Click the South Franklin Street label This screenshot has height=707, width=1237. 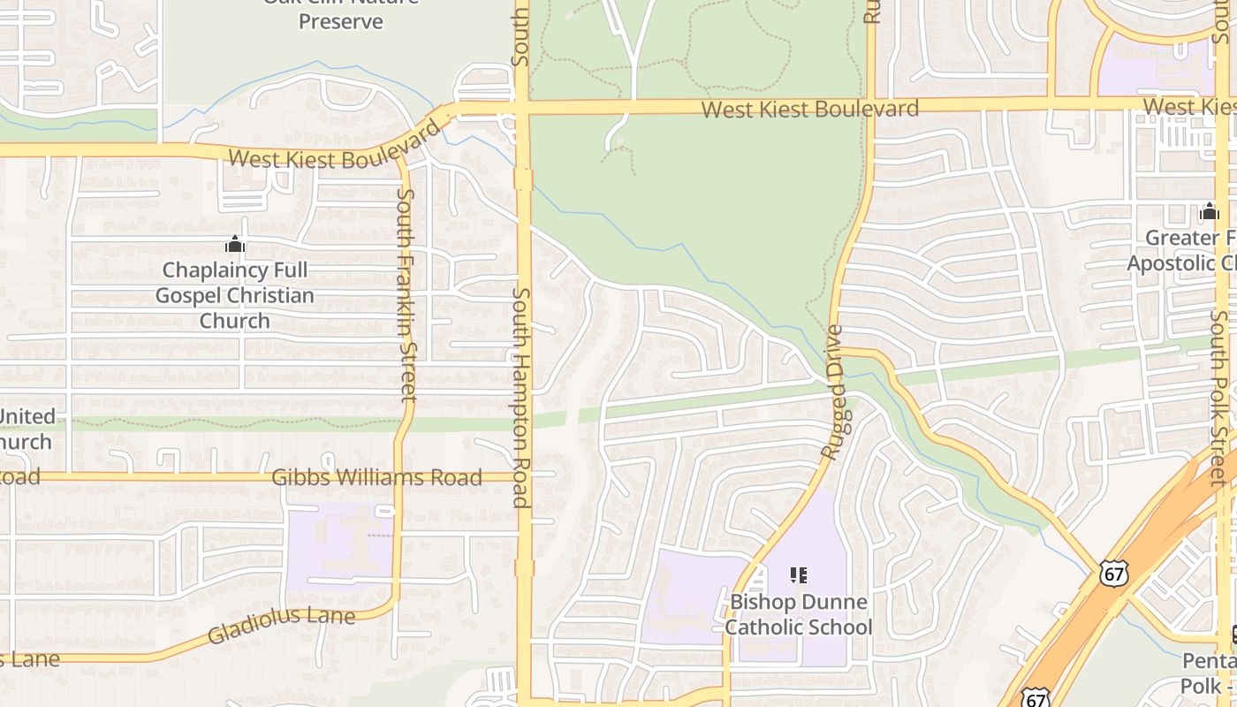pyautogui.click(x=406, y=294)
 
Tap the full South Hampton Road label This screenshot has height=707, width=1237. pyautogui.click(x=520, y=398)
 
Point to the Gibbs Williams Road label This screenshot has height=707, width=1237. pyautogui.click(x=376, y=477)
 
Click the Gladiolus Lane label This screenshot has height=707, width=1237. pyautogui.click(x=281, y=625)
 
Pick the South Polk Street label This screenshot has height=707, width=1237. pyautogui.click(x=1219, y=398)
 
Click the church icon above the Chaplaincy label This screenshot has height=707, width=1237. pyautogui.click(x=235, y=244)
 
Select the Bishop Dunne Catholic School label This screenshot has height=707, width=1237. pyautogui.click(x=799, y=614)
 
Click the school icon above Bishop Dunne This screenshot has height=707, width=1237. pyautogui.click(x=799, y=576)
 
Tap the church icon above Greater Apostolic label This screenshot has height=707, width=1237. pyautogui.click(x=1209, y=212)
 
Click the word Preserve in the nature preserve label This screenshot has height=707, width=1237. pyautogui.click(x=340, y=20)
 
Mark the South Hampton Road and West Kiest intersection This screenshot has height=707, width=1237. pyautogui.click(x=522, y=108)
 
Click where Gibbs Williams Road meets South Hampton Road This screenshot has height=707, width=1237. pyautogui.click(x=522, y=477)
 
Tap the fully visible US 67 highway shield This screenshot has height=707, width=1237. pyautogui.click(x=1113, y=574)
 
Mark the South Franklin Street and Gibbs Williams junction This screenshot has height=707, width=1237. pyautogui.click(x=398, y=477)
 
